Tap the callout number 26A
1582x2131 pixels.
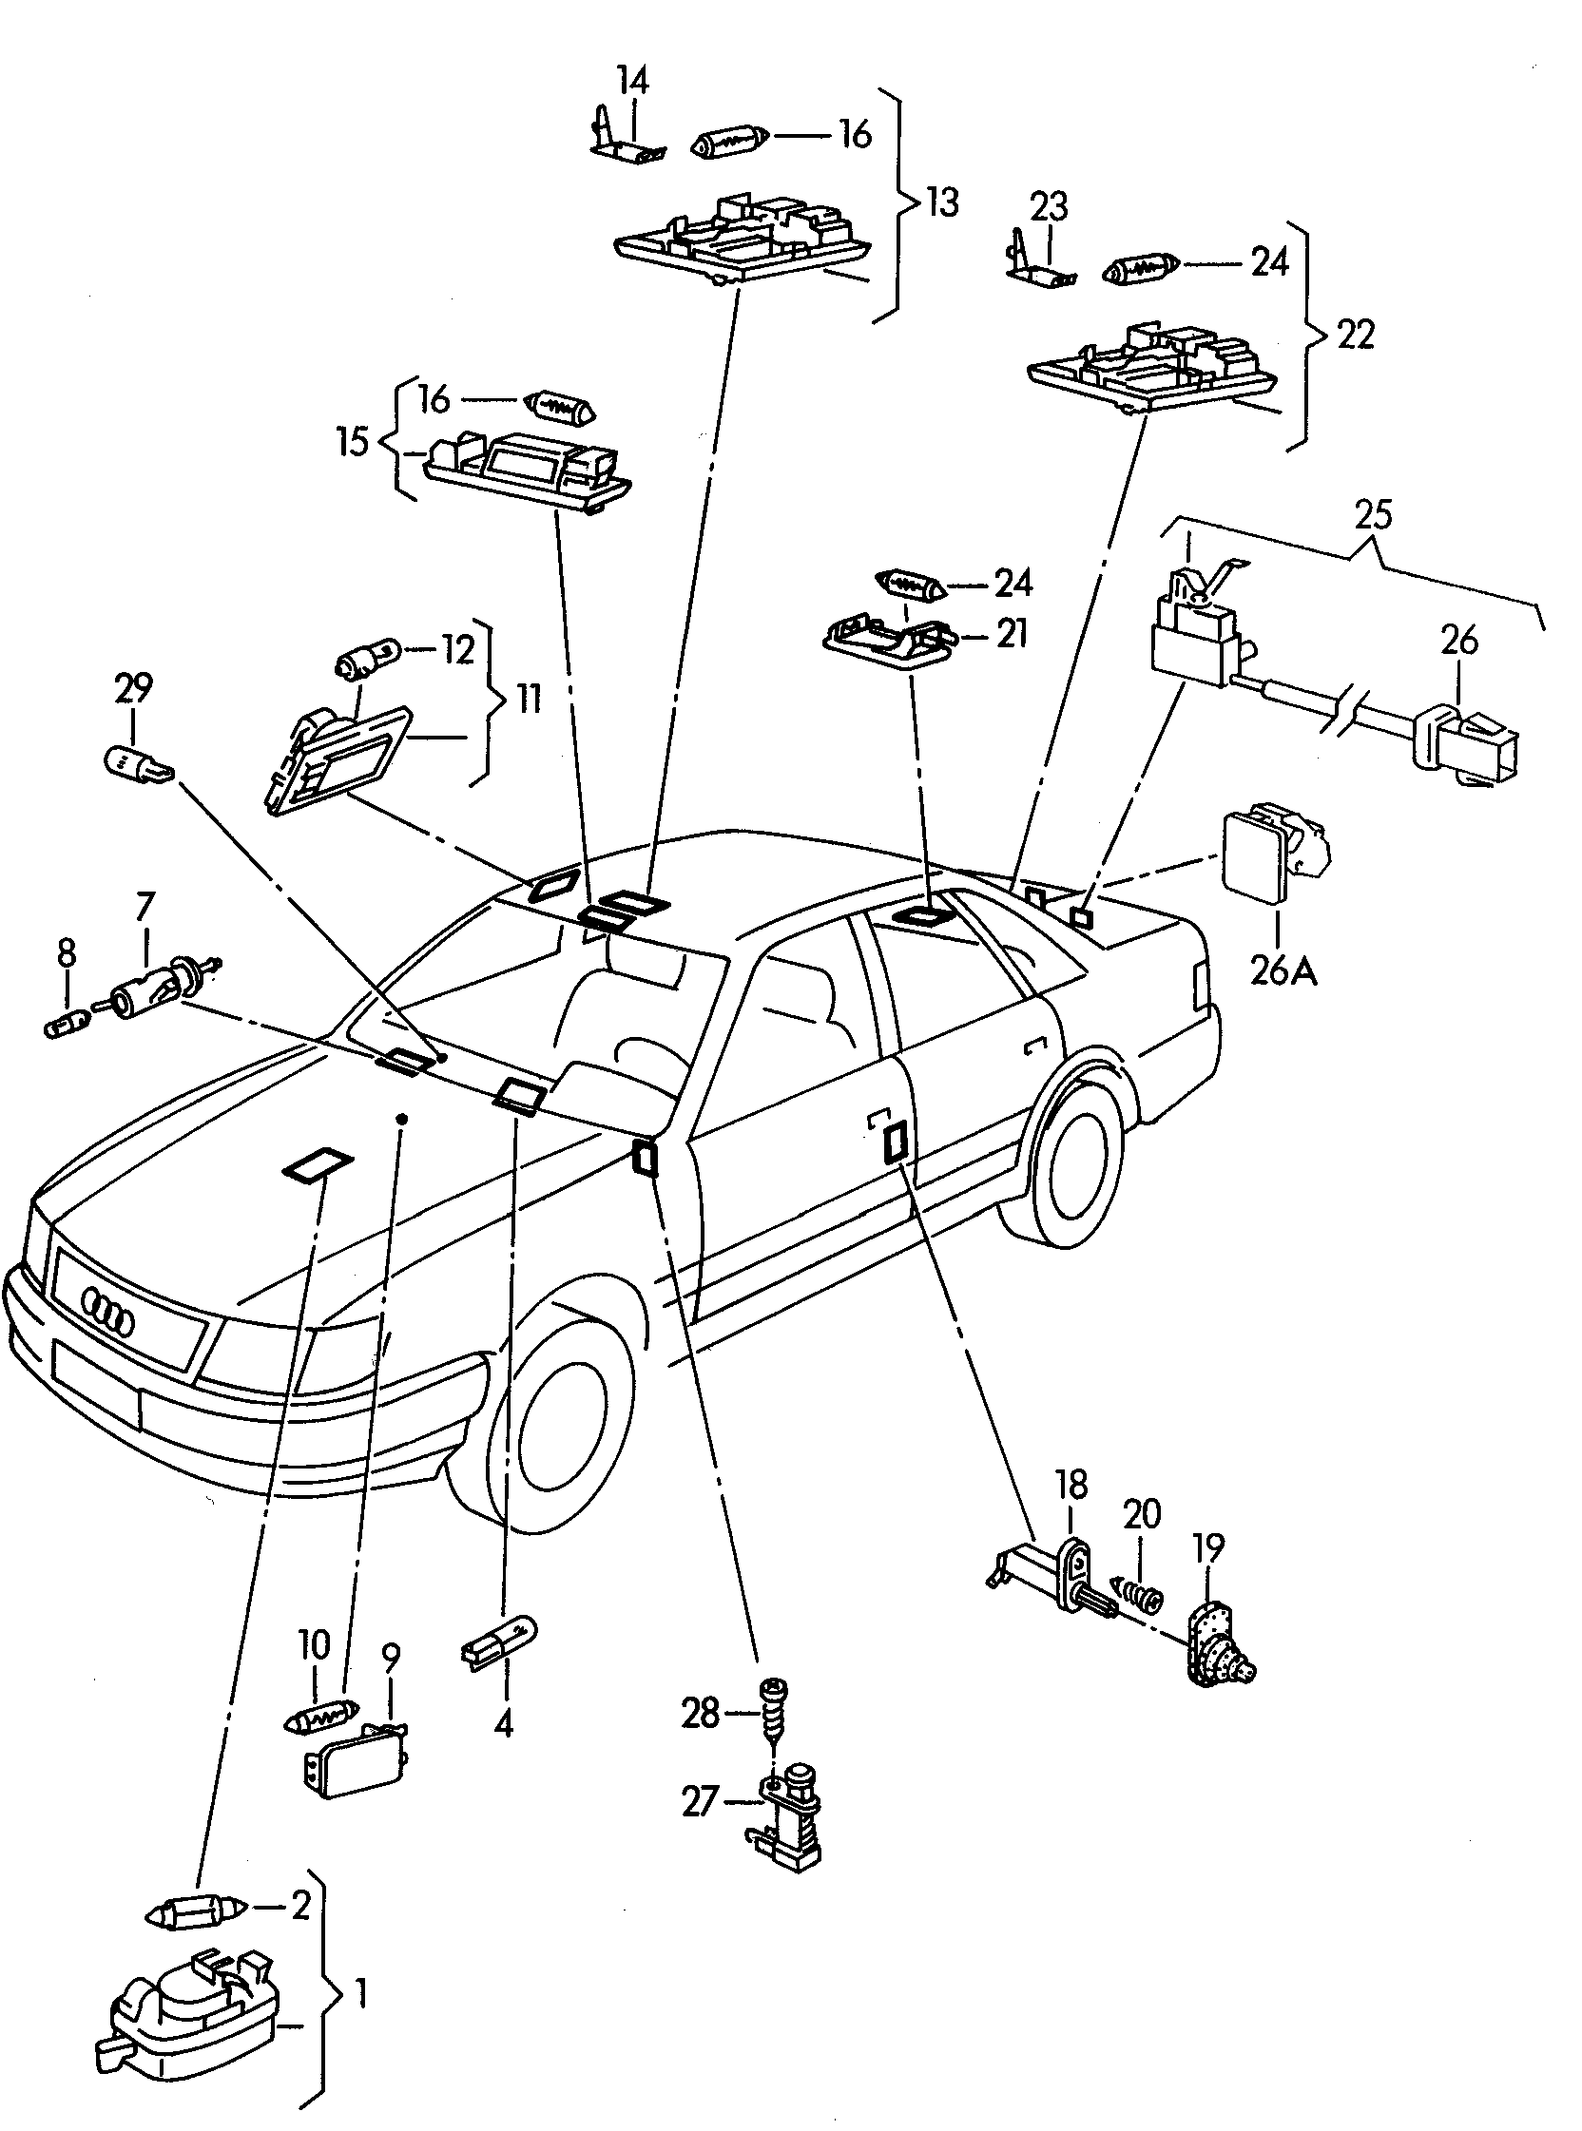pyautogui.click(x=1283, y=971)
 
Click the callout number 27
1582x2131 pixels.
pyautogui.click(x=700, y=1802)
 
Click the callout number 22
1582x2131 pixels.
pyautogui.click(x=1354, y=336)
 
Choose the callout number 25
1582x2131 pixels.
pyautogui.click(x=1373, y=515)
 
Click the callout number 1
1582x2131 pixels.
pyautogui.click(x=360, y=1995)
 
